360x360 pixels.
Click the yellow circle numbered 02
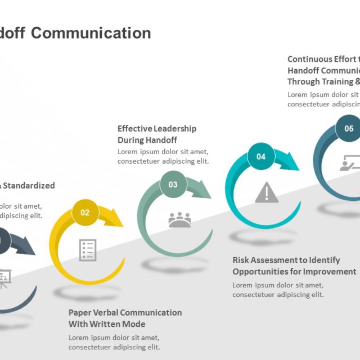click(85, 212)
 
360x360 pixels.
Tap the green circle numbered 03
click(173, 184)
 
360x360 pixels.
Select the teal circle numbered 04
click(261, 156)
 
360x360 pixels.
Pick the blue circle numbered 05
click(349, 128)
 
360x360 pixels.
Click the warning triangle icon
click(267, 192)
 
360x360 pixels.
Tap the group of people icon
click(179, 220)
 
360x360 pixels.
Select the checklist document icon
click(88, 250)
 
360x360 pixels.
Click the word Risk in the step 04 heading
click(241, 260)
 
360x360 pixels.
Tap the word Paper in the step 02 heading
click(79, 312)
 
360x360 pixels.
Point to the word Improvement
click(330, 271)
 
